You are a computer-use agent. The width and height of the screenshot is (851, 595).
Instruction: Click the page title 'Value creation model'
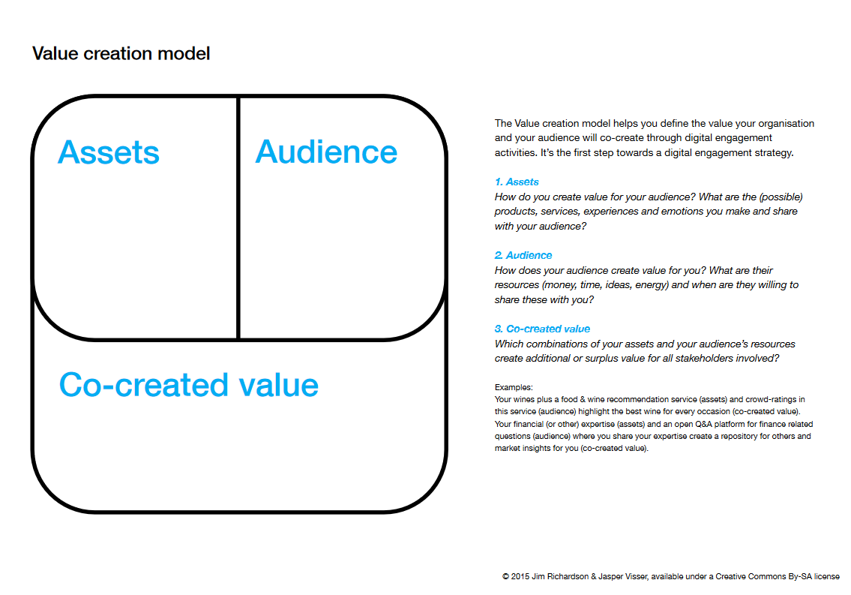pyautogui.click(x=121, y=54)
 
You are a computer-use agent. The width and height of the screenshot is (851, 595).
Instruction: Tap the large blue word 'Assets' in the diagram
pyautogui.click(x=109, y=152)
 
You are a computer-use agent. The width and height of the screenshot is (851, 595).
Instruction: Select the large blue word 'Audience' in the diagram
pyautogui.click(x=326, y=152)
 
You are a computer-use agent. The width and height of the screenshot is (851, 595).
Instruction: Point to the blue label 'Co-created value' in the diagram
pyautogui.click(x=189, y=385)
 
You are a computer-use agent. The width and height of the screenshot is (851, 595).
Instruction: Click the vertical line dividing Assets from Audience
pyautogui.click(x=238, y=225)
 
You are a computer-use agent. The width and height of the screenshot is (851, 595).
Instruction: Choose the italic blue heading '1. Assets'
pyautogui.click(x=517, y=182)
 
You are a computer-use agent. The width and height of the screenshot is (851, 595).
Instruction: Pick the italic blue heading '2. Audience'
pyautogui.click(x=523, y=256)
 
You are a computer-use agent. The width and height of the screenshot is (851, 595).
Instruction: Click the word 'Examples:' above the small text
pyautogui.click(x=514, y=388)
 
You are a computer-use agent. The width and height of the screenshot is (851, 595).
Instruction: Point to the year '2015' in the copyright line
pyautogui.click(x=520, y=577)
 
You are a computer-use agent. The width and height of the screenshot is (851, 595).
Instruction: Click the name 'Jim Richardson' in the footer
pyautogui.click(x=559, y=577)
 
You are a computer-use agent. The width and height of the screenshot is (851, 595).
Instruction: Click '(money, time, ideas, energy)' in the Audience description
pyautogui.click(x=605, y=285)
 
